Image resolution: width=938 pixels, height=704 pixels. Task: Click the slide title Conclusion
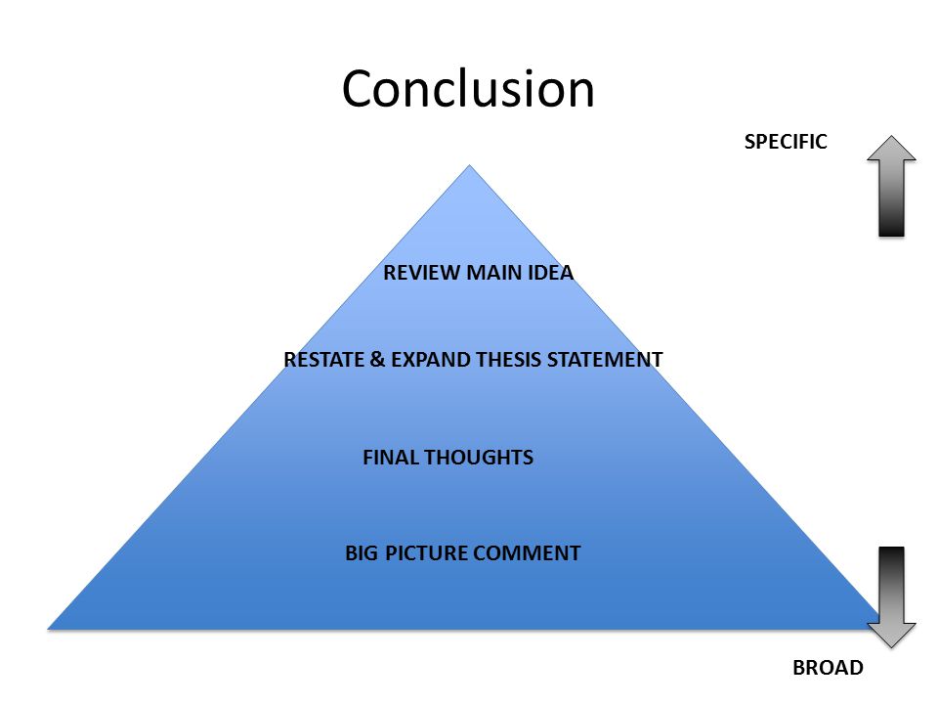click(x=468, y=89)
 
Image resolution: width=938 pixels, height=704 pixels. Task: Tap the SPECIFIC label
click(x=786, y=141)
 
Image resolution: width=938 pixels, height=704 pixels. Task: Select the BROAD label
click(x=828, y=667)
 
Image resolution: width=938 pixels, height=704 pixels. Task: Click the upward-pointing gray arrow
click(x=891, y=186)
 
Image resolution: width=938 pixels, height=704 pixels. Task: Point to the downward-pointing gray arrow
click(x=891, y=596)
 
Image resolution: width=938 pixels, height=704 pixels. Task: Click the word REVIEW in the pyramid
click(x=422, y=273)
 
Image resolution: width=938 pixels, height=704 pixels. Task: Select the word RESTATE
click(x=323, y=359)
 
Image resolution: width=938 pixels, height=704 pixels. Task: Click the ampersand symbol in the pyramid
click(x=377, y=359)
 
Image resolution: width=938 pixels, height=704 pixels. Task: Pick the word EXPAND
click(x=431, y=359)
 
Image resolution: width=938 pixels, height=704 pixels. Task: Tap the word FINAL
click(x=391, y=458)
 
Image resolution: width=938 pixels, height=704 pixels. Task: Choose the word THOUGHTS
click(x=479, y=458)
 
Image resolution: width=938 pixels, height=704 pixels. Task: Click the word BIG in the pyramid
click(x=362, y=552)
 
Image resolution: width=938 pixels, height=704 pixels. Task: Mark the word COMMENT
click(x=527, y=552)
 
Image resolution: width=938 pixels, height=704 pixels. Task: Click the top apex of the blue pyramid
click(x=470, y=165)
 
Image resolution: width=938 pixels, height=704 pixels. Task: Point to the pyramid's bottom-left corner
click(x=48, y=629)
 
